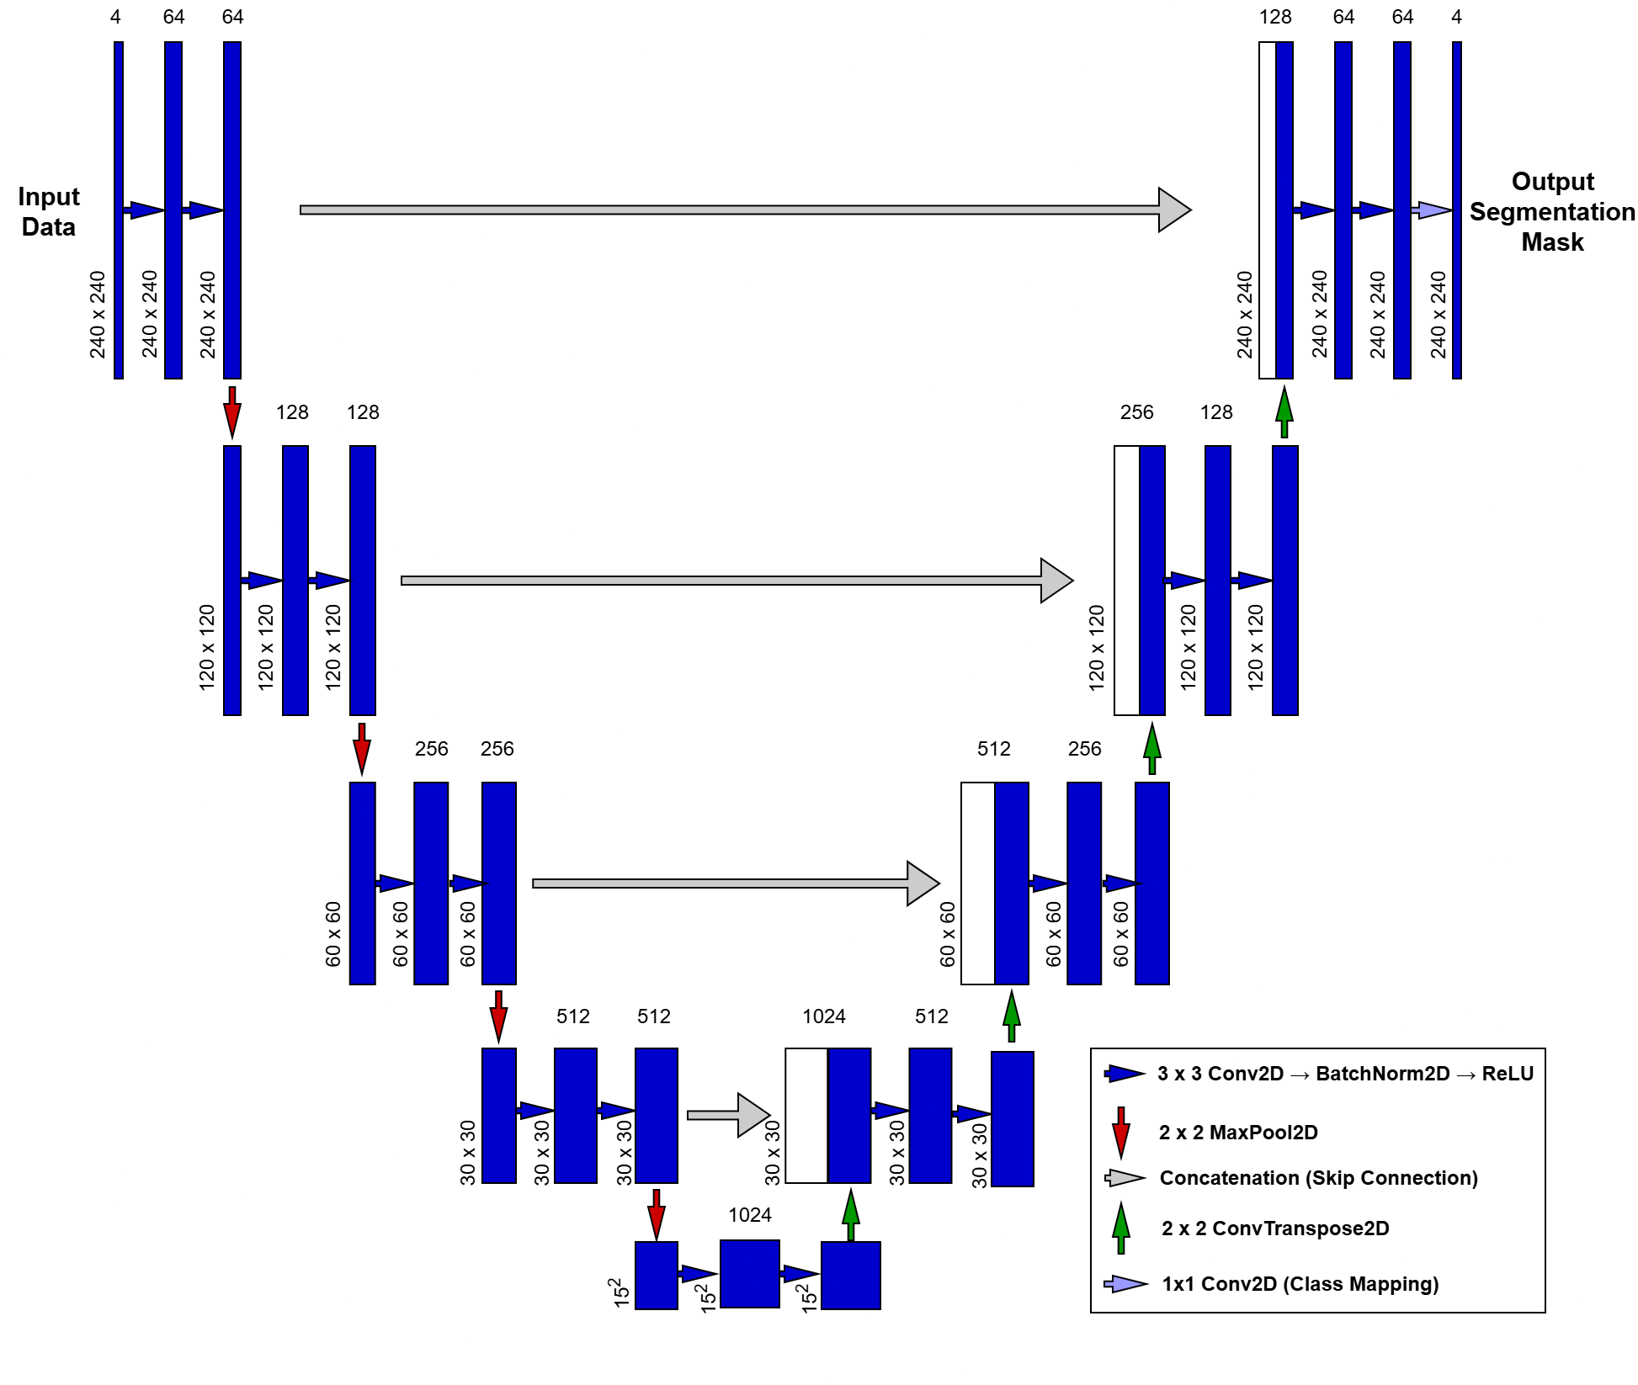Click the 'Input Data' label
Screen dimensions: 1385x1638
pos(49,211)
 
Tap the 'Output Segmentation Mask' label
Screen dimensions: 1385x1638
pos(1552,211)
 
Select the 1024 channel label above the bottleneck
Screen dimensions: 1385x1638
pos(749,1215)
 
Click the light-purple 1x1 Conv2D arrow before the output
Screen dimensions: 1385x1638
pos(1432,210)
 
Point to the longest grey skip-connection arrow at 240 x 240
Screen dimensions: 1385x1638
pos(745,210)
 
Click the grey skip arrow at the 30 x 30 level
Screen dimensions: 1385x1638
pos(728,1115)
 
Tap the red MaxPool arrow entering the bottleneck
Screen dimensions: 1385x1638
pos(657,1214)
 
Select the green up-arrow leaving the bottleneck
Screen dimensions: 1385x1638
pos(851,1216)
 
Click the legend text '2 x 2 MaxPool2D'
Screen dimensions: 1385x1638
pos(1238,1133)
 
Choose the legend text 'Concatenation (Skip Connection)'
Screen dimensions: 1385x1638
pos(1318,1178)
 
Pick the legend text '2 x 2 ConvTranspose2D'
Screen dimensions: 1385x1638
pos(1275,1228)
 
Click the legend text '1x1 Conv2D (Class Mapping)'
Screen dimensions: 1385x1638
pos(1300,1284)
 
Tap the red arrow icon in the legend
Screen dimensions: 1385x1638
pos(1120,1133)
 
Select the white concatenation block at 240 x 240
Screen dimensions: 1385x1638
pos(1267,210)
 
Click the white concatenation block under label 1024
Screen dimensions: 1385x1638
pos(806,1116)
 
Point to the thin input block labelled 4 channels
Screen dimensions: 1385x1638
pos(119,210)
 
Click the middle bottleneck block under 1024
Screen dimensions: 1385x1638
pos(749,1274)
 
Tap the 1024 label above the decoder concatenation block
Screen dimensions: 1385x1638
pos(823,1016)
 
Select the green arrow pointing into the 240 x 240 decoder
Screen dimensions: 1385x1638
pos(1284,411)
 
